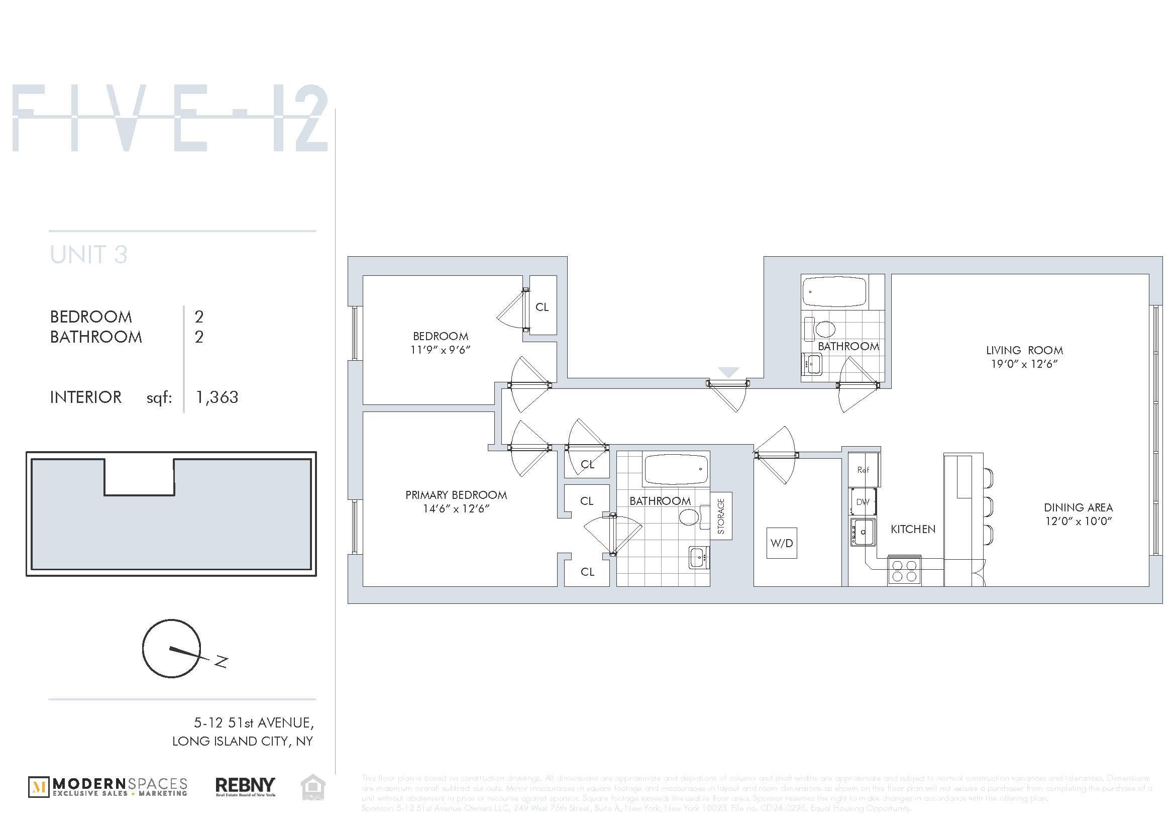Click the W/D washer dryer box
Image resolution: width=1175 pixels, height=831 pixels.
[x=782, y=543]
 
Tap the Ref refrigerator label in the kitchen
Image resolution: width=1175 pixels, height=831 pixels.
[x=863, y=470]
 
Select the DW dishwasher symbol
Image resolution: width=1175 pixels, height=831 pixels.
[x=863, y=502]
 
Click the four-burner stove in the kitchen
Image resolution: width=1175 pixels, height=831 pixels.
[x=904, y=571]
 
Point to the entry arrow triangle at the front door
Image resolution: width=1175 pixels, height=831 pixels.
[x=728, y=372]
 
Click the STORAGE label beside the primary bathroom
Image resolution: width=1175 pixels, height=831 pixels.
[x=721, y=516]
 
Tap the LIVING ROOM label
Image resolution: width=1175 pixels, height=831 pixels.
[x=1024, y=351]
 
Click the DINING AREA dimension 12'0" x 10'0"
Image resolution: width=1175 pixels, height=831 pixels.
[x=1078, y=522]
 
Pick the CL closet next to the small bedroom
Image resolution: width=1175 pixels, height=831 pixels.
[x=542, y=307]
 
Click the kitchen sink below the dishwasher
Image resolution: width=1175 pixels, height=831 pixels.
[x=863, y=532]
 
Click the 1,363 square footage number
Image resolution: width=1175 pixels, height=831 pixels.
[x=217, y=397]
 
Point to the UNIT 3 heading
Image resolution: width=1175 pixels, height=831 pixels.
[x=88, y=255]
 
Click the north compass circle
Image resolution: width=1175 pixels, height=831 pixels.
[x=171, y=649]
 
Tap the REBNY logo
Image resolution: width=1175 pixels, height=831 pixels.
[x=245, y=786]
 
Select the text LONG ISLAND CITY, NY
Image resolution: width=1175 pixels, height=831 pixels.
[x=242, y=741]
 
